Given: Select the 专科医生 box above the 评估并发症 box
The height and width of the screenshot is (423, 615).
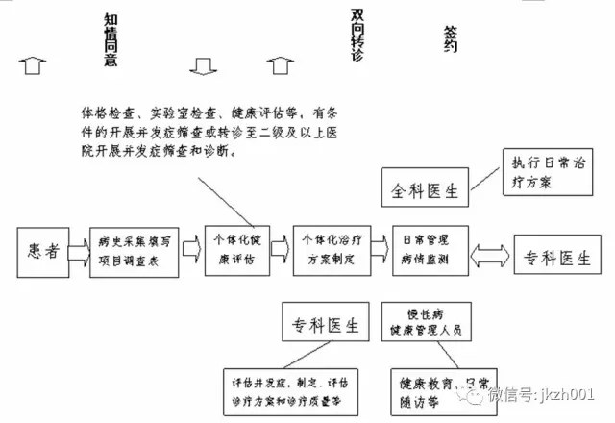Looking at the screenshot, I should click(x=324, y=325).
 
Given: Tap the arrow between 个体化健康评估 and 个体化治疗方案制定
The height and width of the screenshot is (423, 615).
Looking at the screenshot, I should click(x=281, y=249).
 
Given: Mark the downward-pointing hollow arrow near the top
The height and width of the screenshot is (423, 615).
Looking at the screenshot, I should click(x=203, y=66).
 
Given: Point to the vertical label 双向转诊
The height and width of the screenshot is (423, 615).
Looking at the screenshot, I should click(x=358, y=37).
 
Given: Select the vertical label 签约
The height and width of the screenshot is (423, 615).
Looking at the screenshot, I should click(x=452, y=38).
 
